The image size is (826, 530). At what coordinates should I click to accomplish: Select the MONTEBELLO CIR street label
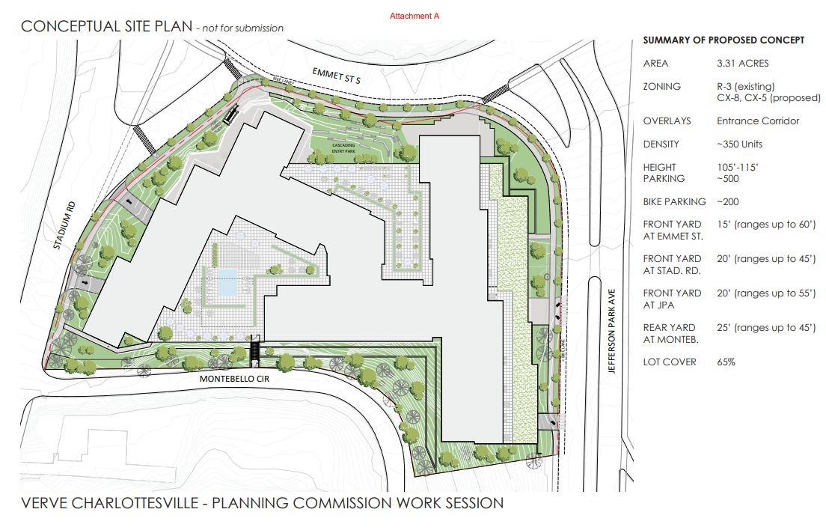pyautogui.click(x=233, y=380)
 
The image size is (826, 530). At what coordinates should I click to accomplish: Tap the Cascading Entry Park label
pyautogui.click(x=333, y=147)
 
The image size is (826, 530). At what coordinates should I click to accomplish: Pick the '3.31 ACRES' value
pyautogui.click(x=742, y=64)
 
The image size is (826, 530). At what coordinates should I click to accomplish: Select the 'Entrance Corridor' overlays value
pyautogui.click(x=757, y=121)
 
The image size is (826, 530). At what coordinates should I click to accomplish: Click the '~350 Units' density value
pyautogui.click(x=739, y=144)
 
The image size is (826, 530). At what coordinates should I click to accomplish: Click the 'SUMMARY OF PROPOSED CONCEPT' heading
pyautogui.click(x=723, y=40)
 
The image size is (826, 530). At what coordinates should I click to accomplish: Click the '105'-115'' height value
pyautogui.click(x=738, y=167)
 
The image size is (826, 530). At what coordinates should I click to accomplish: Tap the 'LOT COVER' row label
pyautogui.click(x=670, y=362)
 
